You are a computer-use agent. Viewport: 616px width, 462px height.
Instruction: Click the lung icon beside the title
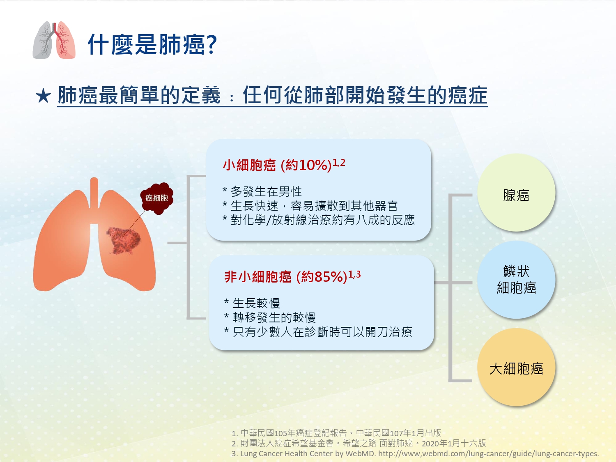click(x=54, y=40)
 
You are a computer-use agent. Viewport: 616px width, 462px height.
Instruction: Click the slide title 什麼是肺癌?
click(x=152, y=44)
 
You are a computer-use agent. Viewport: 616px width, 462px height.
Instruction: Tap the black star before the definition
click(x=43, y=96)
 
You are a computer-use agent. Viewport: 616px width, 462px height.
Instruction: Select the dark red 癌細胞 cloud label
click(x=157, y=198)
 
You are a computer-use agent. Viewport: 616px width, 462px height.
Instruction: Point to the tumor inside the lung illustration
click(x=124, y=240)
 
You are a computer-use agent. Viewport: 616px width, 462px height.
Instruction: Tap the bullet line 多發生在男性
click(x=262, y=192)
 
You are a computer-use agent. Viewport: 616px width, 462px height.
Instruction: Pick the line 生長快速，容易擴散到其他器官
click(x=310, y=206)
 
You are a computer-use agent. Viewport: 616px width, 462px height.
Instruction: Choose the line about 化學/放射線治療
click(x=319, y=220)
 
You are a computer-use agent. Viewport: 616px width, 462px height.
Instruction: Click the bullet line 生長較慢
click(x=252, y=303)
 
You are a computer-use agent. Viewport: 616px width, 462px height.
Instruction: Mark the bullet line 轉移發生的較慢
click(x=270, y=317)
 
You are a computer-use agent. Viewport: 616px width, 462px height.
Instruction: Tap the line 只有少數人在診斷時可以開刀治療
click(x=318, y=332)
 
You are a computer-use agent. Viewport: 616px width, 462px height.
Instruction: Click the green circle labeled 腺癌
click(x=516, y=193)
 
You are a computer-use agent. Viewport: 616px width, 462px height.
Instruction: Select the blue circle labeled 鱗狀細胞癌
click(x=516, y=280)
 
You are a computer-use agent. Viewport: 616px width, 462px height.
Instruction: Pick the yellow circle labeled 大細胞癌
click(x=516, y=367)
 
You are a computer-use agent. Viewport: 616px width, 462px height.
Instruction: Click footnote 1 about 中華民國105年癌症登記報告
click(x=336, y=433)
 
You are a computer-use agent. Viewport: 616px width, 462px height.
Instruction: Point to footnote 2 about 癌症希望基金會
click(x=359, y=443)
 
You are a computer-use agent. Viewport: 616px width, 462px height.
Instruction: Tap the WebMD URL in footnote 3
click(x=489, y=454)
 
